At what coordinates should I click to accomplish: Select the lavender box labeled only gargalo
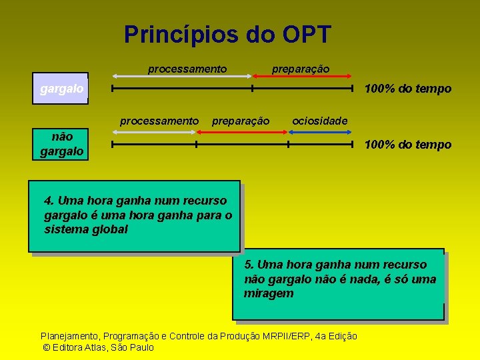pos(61,89)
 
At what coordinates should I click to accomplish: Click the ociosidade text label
pos(320,121)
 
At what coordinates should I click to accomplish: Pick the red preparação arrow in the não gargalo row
pos(243,132)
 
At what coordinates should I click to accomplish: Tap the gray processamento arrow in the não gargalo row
pos(154,132)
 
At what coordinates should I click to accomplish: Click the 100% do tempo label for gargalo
pos(407,89)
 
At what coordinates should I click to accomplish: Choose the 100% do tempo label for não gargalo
pos(407,145)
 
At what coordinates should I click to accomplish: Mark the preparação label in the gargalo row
pos(300,69)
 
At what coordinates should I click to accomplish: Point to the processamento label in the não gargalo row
pos(159,121)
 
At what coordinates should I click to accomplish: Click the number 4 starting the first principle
pos(47,201)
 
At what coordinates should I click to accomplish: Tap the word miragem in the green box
pos(269,293)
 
